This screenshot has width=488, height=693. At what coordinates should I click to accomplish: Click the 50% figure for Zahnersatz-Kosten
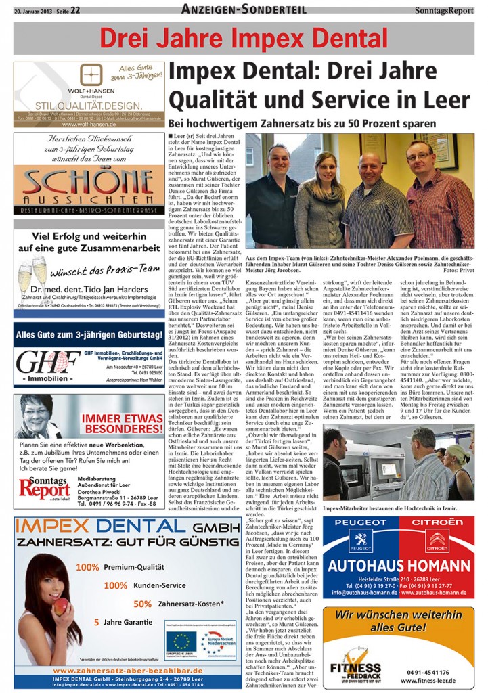(x=142, y=604)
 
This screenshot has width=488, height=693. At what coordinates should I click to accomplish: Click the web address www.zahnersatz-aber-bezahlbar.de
(x=129, y=670)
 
